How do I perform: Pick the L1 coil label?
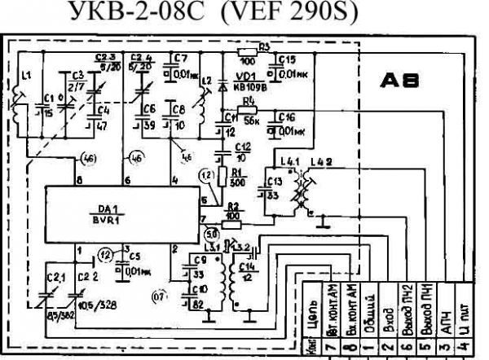point(26,75)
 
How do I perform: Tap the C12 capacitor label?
point(242,146)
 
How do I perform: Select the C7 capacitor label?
point(181,59)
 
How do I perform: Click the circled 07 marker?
point(161,298)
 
